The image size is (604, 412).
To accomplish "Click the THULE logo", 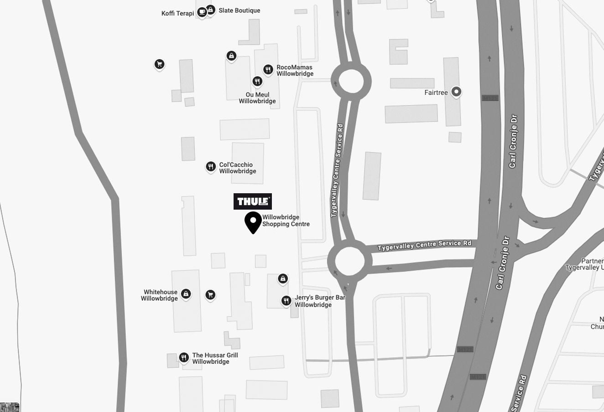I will (x=252, y=201).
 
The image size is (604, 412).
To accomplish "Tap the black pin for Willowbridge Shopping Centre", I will (x=253, y=221).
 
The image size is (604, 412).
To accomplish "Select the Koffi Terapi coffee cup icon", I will (x=202, y=12).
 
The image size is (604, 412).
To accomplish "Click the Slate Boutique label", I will (x=239, y=10).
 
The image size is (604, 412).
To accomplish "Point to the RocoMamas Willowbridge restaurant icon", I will (x=268, y=70).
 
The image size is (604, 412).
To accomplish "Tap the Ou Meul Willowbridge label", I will (x=257, y=98).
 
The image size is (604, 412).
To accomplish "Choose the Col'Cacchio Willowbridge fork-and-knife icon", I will (x=210, y=167).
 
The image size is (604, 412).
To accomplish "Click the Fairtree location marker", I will (x=456, y=92).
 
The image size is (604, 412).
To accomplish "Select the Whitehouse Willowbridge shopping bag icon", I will (x=186, y=294).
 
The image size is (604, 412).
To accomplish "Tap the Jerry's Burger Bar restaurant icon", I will (x=286, y=300).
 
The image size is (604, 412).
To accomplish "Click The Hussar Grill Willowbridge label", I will (x=215, y=358).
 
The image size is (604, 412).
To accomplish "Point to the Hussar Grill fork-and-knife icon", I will (x=184, y=357).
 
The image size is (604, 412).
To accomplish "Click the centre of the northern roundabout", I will (x=351, y=82).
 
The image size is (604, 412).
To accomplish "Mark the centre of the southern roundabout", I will (x=349, y=261).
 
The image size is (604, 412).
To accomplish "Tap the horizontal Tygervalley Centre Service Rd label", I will (x=424, y=245).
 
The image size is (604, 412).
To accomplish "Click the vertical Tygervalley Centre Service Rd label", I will (x=337, y=170).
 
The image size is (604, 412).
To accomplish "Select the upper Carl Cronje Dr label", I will (x=513, y=141).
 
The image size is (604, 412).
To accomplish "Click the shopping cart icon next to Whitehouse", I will (x=210, y=295).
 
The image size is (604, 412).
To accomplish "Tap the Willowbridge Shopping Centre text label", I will (x=286, y=221).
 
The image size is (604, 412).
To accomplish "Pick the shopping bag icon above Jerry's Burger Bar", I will (x=283, y=278).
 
